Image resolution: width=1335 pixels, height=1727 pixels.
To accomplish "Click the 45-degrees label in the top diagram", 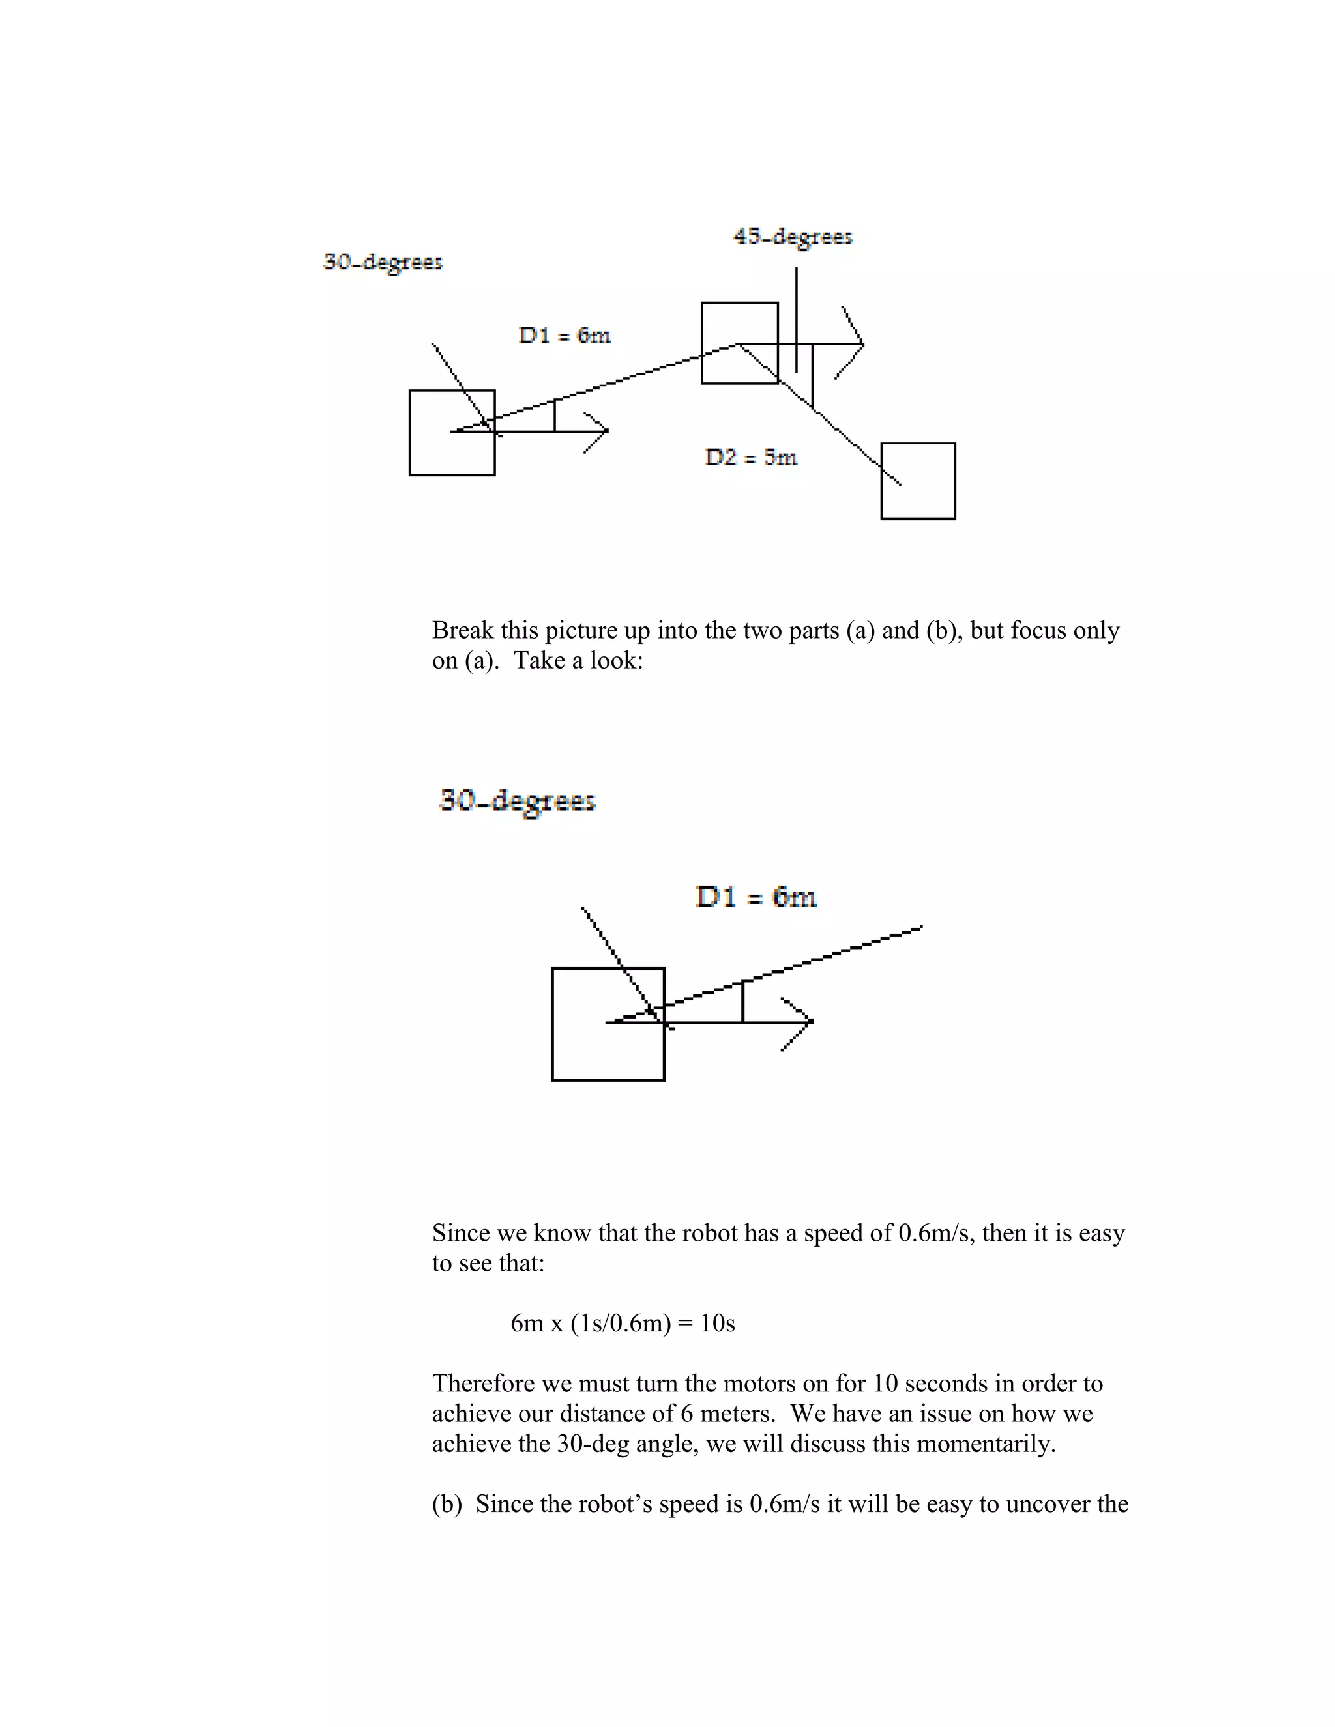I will pyautogui.click(x=793, y=237).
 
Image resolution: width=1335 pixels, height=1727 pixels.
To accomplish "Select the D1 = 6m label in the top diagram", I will pyautogui.click(x=565, y=335).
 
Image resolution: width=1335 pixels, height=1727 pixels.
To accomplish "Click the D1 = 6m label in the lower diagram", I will pyautogui.click(x=756, y=897).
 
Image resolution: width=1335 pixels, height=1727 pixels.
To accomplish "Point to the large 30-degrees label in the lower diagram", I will pyautogui.click(x=517, y=801).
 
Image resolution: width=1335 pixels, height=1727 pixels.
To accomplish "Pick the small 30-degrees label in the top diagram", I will pyautogui.click(x=383, y=262).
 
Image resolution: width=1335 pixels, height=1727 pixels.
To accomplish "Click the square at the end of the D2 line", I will pyautogui.click(x=918, y=481).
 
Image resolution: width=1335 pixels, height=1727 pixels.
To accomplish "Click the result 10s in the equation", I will pyautogui.click(x=717, y=1324).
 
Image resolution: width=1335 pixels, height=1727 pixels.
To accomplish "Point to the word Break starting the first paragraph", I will pyautogui.click(x=463, y=630).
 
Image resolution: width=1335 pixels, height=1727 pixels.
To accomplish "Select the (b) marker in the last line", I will pyautogui.click(x=447, y=1504).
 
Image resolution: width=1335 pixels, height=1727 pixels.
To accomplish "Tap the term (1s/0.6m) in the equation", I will pyautogui.click(x=620, y=1324).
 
